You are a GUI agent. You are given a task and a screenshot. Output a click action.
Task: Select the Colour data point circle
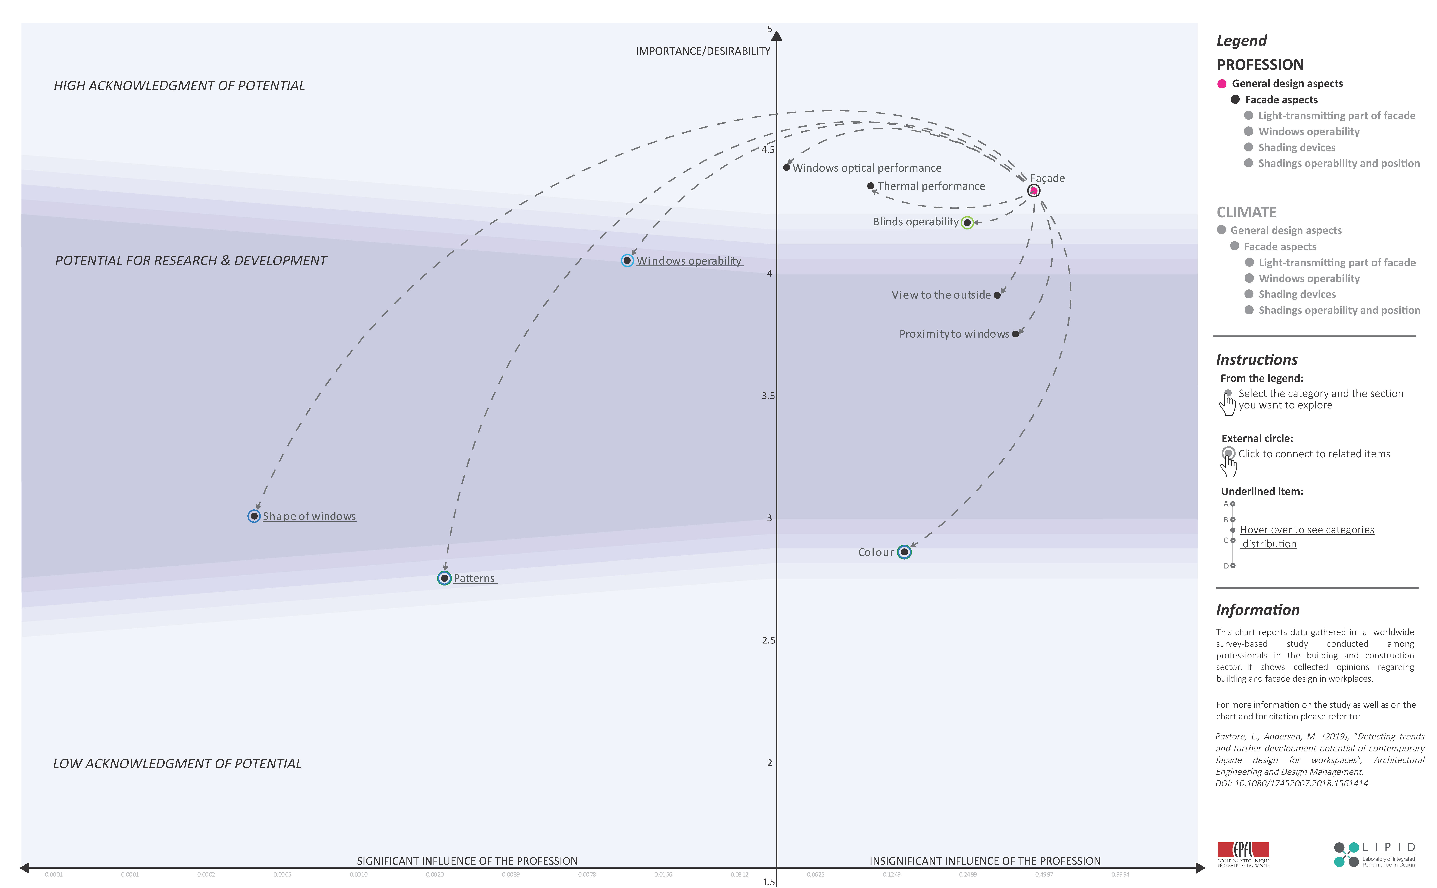[905, 552]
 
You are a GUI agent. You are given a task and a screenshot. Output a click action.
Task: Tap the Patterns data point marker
[444, 579]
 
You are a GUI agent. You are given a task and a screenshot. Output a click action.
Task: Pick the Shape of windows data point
[254, 516]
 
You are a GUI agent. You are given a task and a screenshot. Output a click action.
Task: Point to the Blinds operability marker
[967, 223]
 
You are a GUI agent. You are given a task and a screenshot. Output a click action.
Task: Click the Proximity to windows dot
[1015, 334]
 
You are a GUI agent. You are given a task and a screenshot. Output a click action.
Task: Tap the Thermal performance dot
[871, 186]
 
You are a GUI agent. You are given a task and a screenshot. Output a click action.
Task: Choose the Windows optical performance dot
[787, 167]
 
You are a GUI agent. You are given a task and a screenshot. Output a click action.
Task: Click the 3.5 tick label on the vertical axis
[768, 396]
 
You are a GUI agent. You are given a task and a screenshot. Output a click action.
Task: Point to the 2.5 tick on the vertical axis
[768, 640]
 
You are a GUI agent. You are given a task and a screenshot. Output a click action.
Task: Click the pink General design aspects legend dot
[1222, 84]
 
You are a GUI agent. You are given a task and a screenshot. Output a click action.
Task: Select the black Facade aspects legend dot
[1235, 100]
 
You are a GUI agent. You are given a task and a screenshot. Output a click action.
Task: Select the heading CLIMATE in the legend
[1246, 212]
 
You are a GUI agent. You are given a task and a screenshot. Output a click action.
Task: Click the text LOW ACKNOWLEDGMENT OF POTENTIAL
[177, 763]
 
